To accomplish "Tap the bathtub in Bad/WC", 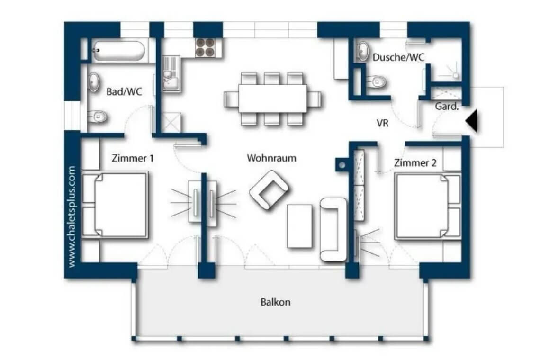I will coord(118,51).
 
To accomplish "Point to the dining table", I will coord(272,99).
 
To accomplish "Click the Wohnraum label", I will coord(271,158).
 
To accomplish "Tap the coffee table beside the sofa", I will coord(299,226).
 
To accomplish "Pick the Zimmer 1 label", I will coord(132,158).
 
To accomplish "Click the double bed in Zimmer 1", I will coord(115,205).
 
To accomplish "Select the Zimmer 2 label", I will coord(415,163).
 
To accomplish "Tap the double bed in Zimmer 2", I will coord(428,206).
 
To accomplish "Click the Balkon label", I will coord(275,302).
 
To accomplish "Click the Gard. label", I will coord(447,107).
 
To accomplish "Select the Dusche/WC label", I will coord(398,57).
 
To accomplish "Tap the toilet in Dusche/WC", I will coord(377,81).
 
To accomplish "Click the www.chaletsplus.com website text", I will coord(72,216).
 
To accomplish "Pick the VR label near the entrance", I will coord(382,124).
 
